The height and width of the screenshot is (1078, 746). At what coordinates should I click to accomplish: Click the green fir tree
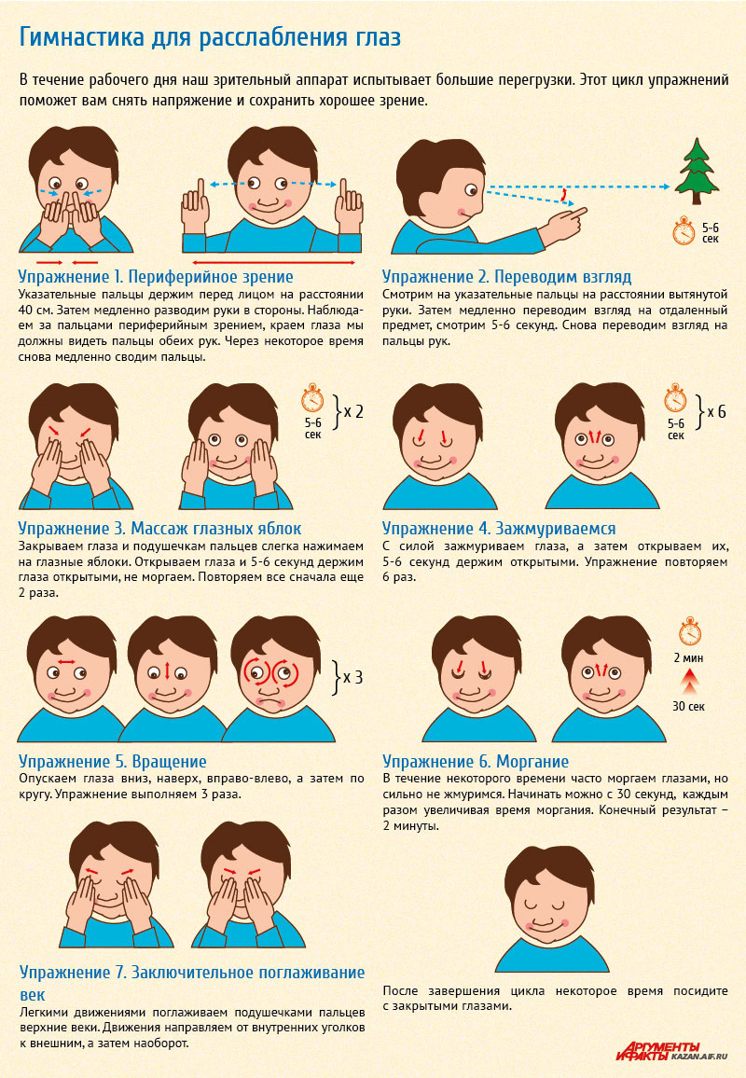697,171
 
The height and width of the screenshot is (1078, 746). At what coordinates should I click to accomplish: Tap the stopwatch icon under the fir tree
684,231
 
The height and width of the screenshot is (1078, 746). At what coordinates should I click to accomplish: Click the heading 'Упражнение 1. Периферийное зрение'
156,277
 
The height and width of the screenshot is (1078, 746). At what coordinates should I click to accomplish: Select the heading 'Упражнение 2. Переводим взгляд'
506,277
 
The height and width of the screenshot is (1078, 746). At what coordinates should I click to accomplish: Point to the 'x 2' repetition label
353,412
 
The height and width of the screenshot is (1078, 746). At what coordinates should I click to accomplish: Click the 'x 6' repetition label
717,412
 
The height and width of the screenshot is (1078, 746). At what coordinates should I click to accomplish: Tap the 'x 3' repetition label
352,677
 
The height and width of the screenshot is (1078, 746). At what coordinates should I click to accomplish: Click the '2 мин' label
688,658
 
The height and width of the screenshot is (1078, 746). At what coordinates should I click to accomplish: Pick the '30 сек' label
688,706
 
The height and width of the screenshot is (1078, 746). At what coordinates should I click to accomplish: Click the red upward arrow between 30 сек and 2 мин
690,682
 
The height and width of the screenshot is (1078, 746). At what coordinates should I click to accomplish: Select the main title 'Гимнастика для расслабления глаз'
210,37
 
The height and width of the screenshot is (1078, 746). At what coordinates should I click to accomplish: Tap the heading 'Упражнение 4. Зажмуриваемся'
499,529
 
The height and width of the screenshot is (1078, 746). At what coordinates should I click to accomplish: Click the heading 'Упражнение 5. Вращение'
113,762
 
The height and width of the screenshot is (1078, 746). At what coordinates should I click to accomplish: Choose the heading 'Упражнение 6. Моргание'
476,762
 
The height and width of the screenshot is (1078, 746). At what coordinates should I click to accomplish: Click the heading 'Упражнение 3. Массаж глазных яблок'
159,529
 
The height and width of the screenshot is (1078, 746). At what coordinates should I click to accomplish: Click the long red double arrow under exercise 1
273,263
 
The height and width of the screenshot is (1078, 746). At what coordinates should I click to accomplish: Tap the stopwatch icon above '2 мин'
690,632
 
